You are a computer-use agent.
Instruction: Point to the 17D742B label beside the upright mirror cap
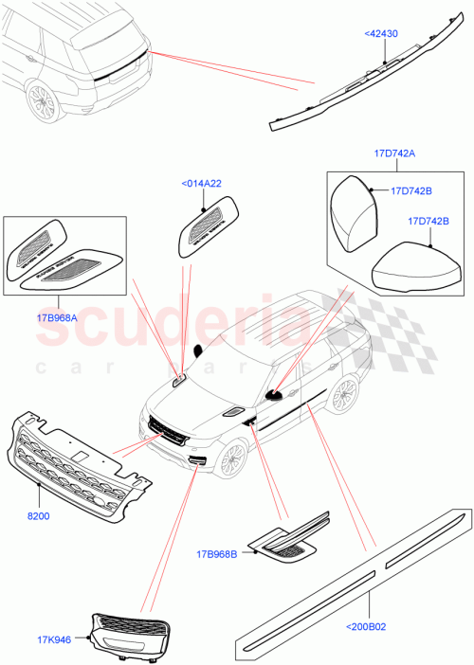[x=411, y=190]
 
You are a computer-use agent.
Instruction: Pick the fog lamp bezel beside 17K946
[x=132, y=632]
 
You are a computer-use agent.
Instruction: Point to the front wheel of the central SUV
[x=228, y=459]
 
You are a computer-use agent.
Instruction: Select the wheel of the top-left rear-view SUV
[x=41, y=100]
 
